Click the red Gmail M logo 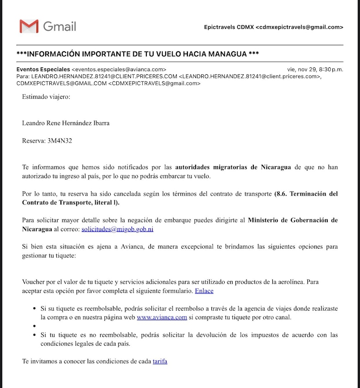(29, 26)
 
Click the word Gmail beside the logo (60, 26)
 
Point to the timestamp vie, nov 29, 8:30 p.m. (315, 69)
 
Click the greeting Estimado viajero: (46, 97)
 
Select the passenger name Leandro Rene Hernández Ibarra (66, 123)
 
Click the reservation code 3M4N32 (60, 141)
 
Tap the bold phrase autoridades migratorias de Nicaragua (233, 167)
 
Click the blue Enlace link (204, 291)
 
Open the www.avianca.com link (162, 317)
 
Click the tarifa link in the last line (160, 361)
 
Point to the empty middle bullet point (35, 326)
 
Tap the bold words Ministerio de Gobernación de (293, 220)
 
